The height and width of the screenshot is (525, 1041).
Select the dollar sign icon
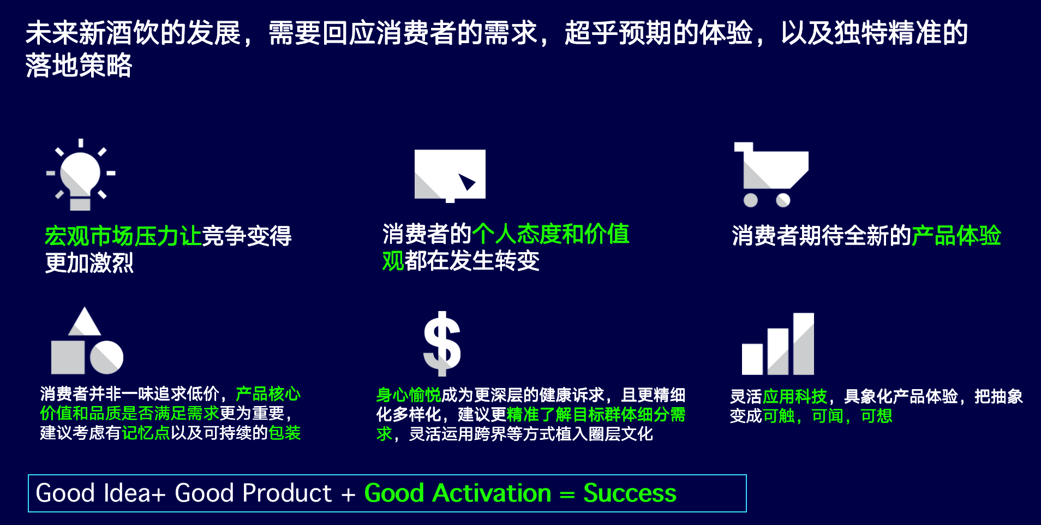tap(442, 344)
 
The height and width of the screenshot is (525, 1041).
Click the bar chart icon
tap(778, 344)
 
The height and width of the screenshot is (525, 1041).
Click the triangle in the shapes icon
tap(84, 321)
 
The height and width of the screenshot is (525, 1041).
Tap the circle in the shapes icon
tap(107, 357)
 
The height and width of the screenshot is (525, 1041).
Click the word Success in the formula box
tap(630, 493)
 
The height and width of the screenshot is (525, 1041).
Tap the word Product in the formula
tap(287, 493)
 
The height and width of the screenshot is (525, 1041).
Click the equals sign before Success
tap(567, 495)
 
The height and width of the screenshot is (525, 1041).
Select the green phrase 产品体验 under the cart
tap(956, 236)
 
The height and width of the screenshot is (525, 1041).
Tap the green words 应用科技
tap(795, 396)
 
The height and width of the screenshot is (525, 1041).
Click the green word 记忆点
tap(146, 433)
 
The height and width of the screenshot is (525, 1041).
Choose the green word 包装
tap(285, 433)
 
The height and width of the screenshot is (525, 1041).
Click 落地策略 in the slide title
tap(79, 65)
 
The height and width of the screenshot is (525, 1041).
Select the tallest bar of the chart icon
tap(804, 344)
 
